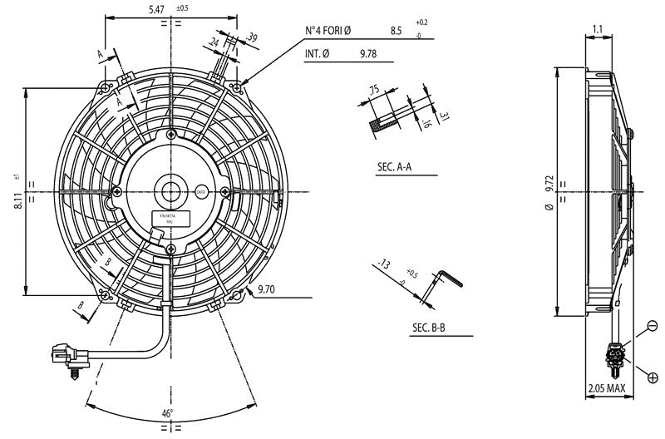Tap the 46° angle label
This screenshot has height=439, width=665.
[166, 412]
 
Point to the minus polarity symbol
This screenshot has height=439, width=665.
[653, 324]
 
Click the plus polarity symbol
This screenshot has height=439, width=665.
[653, 377]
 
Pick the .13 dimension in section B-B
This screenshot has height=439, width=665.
[382, 265]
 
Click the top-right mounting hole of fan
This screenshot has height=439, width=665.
[239, 85]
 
